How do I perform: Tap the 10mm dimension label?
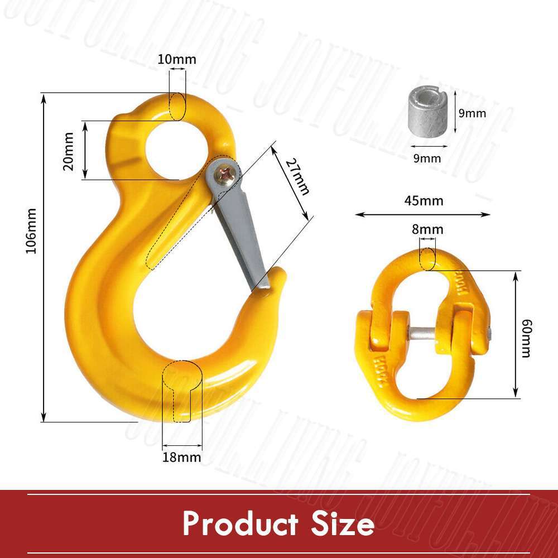tap(176, 59)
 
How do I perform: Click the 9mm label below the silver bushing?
tap(427, 158)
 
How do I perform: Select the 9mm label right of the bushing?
tap(472, 113)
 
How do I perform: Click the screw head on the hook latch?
tap(227, 175)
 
